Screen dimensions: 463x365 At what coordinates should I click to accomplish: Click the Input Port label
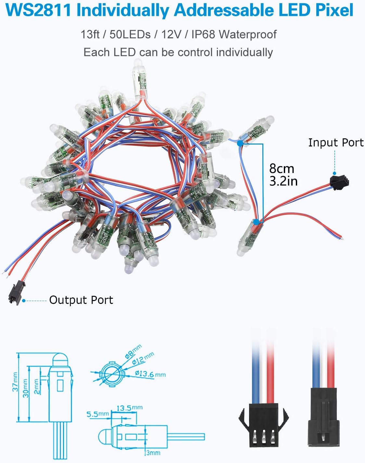pos(336,143)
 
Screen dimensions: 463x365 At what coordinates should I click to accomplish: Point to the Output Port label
pos(81,300)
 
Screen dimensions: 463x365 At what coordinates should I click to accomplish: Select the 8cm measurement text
pos(282,168)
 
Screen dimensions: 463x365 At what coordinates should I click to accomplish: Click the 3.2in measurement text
pos(283,181)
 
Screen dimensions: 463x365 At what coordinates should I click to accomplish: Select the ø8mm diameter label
pos(133,352)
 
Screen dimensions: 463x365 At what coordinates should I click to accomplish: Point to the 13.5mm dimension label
pos(129,408)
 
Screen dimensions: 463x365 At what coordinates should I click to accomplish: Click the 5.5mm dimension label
pos(97,414)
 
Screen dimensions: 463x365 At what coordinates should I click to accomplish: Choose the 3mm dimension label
pos(153,452)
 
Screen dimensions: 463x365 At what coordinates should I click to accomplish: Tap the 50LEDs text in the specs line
pos(130,34)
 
